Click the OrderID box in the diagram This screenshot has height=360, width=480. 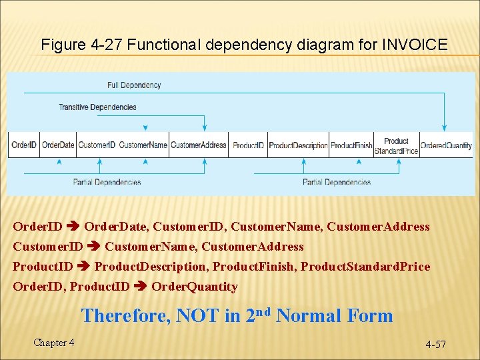[24, 145]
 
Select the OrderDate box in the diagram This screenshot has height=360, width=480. [58, 145]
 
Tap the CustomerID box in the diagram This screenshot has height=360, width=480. [97, 145]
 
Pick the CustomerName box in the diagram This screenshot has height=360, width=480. [143, 145]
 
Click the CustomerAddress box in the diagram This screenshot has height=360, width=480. [198, 145]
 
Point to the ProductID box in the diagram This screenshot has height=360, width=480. [248, 145]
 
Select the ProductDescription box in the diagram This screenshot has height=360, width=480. [298, 145]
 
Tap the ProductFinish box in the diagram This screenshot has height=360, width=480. [351, 145]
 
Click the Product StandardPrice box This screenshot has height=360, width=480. [396, 145]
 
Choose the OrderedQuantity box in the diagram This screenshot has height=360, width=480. [446, 145]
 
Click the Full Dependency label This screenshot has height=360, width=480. [134, 85]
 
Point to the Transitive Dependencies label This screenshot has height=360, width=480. [97, 107]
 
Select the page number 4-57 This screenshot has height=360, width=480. [436, 345]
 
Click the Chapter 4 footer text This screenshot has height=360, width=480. [54, 343]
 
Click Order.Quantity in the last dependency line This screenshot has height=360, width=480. [194, 287]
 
